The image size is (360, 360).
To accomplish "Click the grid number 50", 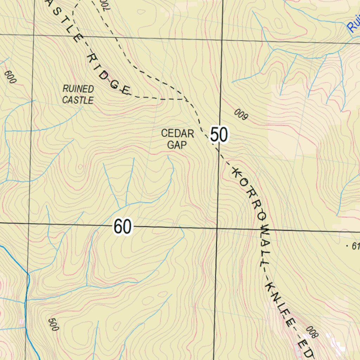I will [x=219, y=135].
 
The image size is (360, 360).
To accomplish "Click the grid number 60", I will [x=123, y=227].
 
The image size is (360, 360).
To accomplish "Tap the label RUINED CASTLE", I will [x=78, y=95].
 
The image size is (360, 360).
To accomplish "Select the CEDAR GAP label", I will [x=177, y=139].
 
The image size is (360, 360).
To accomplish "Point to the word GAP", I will [x=176, y=144].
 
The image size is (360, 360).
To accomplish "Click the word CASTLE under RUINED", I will [x=78, y=100].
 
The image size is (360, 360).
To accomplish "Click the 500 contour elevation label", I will [x=53, y=324].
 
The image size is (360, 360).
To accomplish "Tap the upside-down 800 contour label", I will [x=311, y=332].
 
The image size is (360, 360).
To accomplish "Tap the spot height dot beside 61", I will [x=347, y=246].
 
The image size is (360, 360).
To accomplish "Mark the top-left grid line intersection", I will [x=34, y=35].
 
